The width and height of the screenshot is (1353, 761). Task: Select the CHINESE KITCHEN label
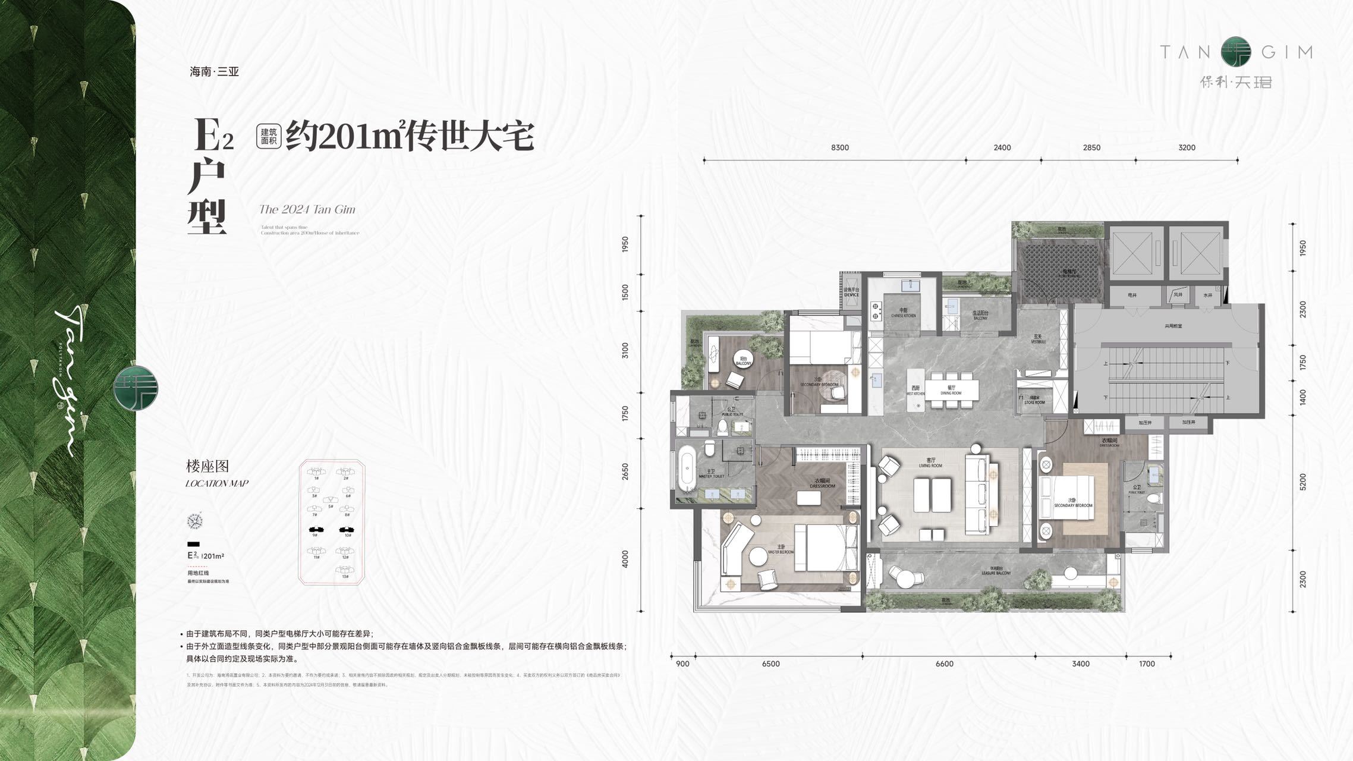pos(903,313)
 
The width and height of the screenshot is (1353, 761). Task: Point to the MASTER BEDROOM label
pos(781,549)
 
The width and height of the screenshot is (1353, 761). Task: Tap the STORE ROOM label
pos(1034,400)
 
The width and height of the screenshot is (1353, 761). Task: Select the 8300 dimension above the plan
pos(839,147)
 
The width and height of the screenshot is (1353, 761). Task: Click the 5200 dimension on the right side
pos(1303,482)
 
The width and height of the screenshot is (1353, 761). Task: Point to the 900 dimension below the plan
pos(682,663)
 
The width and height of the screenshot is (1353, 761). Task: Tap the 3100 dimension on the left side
pos(625,350)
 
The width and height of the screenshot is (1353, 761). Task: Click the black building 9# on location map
pos(316,529)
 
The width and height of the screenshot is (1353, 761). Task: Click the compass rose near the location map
pos(194,521)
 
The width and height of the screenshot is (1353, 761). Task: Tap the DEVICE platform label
pos(851,293)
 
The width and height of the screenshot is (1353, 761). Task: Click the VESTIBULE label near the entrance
pos(1038,339)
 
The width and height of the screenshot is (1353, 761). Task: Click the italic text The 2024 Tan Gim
pos(307,209)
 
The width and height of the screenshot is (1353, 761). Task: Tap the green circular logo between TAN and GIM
pos(1236,52)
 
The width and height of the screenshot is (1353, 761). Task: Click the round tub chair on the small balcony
pos(743,360)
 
